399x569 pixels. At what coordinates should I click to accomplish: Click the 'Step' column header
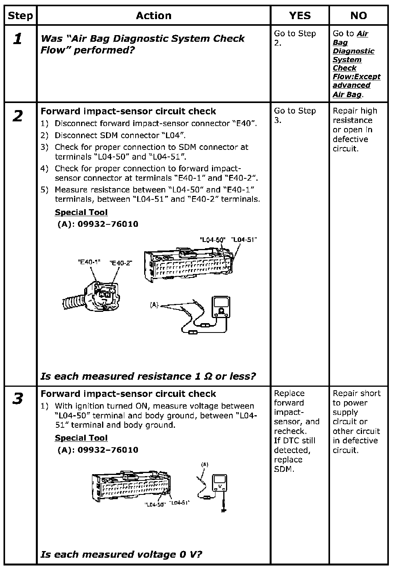coord(20,16)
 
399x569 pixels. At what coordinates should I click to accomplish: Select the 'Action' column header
coord(154,16)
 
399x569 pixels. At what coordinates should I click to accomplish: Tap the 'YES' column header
coord(300,16)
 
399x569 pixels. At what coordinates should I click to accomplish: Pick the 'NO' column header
coord(358,16)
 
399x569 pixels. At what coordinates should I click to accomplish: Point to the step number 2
coord(18,116)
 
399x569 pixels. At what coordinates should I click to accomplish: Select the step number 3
coord(18,399)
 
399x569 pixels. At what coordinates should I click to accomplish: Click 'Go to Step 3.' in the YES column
coord(295,116)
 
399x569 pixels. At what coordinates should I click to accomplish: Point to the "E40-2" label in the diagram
coord(121,263)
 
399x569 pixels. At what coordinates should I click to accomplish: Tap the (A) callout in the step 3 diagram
coord(205,465)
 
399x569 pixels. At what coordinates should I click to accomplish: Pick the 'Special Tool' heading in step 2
coord(81,212)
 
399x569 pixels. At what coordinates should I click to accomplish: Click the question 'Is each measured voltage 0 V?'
coord(121,554)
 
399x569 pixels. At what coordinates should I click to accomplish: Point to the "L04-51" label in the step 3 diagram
coord(180,503)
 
